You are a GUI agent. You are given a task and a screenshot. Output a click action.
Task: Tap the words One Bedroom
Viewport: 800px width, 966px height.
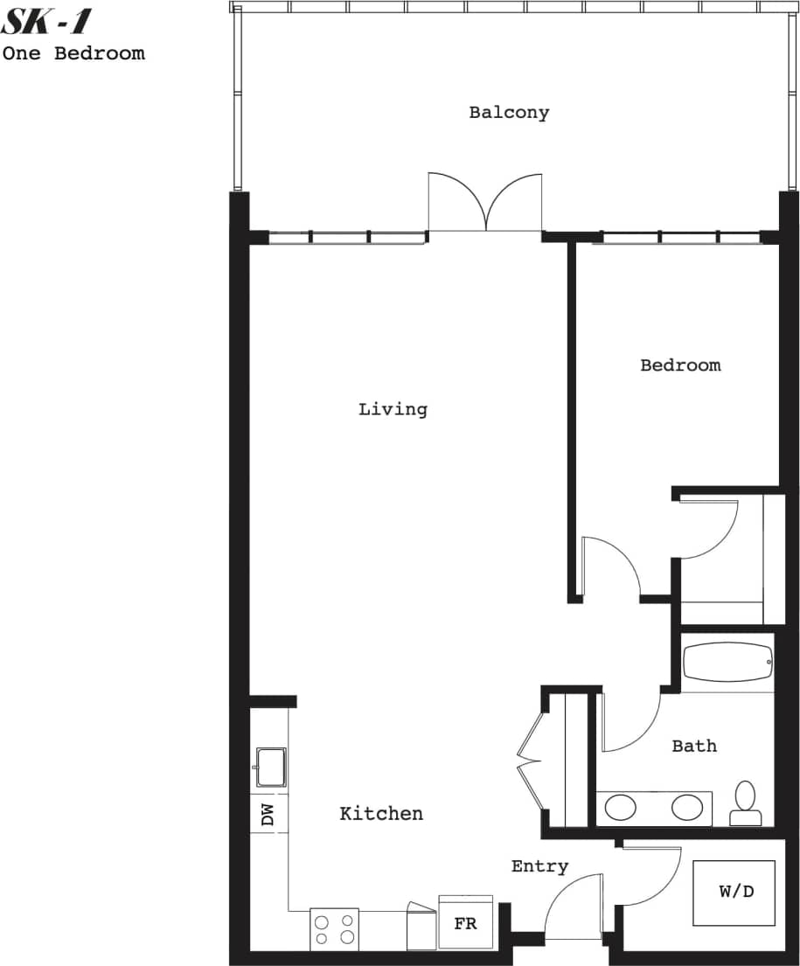point(73,52)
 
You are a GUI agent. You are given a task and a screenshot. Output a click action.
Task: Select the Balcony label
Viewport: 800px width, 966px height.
point(509,112)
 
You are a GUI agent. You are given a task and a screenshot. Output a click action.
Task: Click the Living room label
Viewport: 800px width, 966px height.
point(393,408)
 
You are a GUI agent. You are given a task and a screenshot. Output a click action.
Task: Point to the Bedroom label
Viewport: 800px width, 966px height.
point(680,365)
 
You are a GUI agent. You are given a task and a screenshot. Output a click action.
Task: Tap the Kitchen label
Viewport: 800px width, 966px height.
point(381,813)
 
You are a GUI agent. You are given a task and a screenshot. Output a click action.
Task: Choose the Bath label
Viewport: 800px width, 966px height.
point(694,746)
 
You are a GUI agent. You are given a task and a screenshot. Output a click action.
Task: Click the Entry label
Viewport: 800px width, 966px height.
point(539,866)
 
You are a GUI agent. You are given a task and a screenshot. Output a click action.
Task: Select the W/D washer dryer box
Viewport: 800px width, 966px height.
point(734,893)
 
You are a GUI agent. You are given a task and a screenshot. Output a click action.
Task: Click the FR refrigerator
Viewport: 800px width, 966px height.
point(466,922)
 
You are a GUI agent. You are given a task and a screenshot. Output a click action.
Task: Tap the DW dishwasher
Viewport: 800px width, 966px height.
point(268,815)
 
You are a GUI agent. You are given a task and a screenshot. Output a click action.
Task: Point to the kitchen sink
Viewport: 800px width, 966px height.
point(270,768)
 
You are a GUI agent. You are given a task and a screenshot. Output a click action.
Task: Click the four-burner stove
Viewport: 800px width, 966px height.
point(335,929)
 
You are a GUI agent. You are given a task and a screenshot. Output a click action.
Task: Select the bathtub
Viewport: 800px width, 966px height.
point(727,663)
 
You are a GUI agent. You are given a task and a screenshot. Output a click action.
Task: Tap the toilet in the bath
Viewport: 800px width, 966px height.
point(745,803)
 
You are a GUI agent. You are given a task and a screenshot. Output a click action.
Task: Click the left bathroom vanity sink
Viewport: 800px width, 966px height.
point(621,807)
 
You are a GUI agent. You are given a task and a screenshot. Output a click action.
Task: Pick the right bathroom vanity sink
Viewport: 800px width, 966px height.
point(687,807)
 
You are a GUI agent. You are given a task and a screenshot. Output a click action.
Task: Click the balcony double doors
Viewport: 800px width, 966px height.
point(485,203)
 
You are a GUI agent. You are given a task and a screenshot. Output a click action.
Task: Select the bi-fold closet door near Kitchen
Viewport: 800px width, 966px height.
point(529,761)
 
